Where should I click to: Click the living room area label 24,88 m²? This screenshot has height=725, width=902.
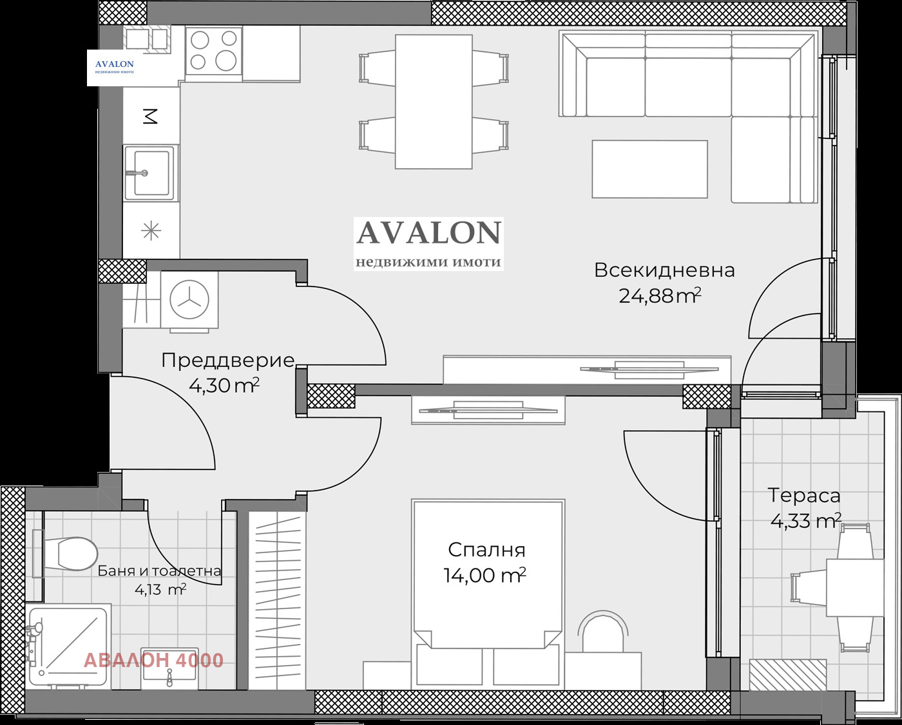point(660,296)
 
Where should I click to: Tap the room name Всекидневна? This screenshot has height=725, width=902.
point(665,270)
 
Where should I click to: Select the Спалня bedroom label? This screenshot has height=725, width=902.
point(486,550)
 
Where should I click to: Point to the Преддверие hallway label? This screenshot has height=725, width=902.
point(229,361)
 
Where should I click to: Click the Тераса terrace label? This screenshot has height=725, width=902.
point(804,496)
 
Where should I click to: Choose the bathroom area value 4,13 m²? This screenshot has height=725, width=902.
point(160,590)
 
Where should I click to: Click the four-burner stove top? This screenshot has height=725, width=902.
point(214,51)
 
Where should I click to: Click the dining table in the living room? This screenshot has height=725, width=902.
point(434,102)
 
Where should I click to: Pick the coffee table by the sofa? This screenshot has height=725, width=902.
point(649,169)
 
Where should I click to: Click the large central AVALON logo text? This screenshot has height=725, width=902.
point(429,233)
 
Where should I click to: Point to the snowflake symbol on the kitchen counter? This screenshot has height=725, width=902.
point(151,231)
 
